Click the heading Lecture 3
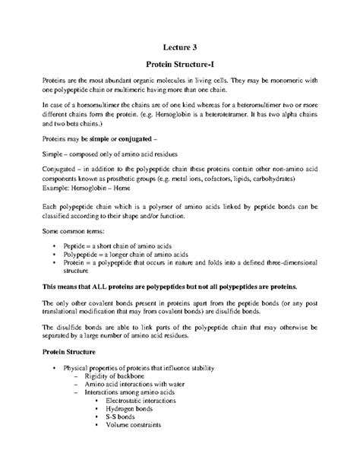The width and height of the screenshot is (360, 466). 180,47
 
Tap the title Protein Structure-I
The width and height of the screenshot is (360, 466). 180,66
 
